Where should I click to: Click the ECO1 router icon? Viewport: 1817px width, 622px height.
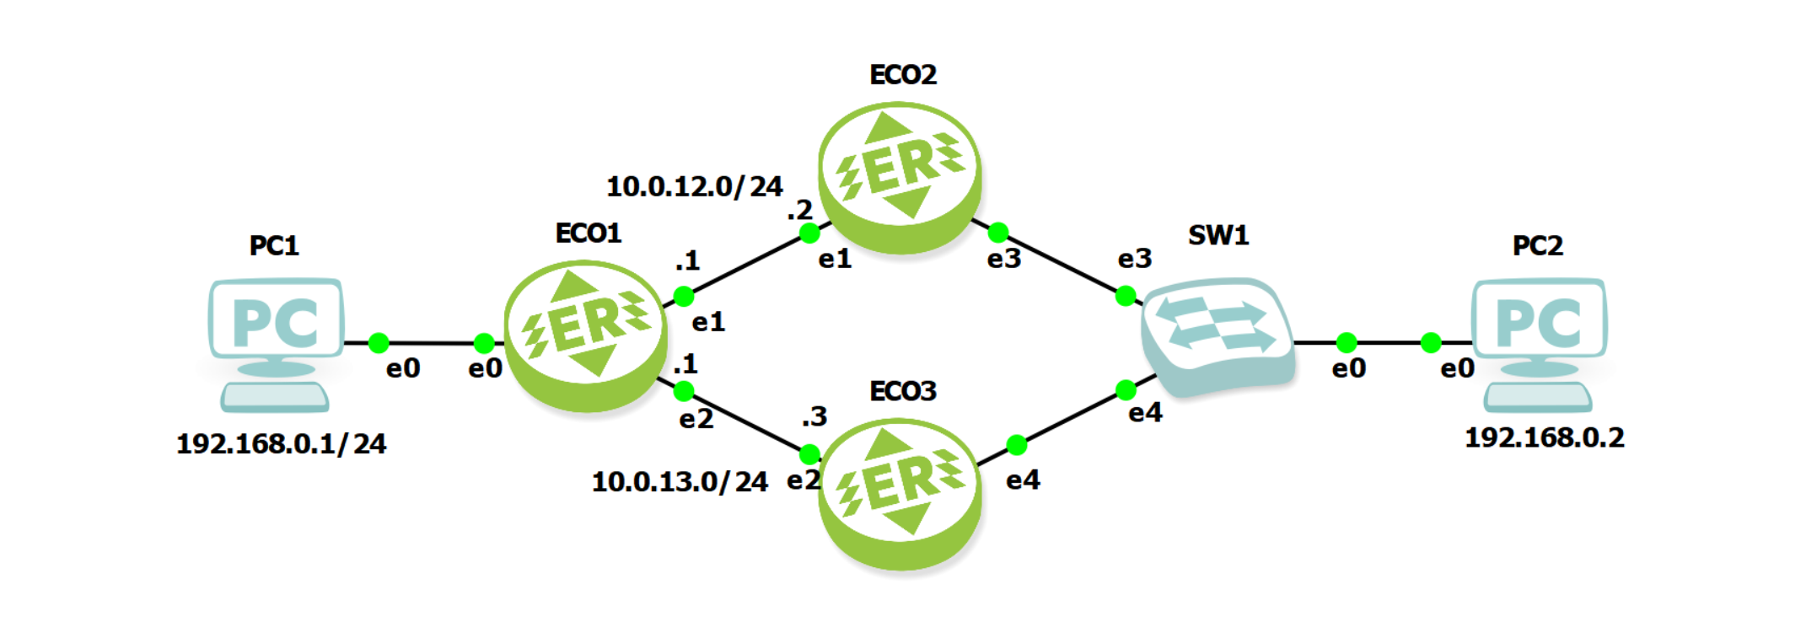[x=585, y=335]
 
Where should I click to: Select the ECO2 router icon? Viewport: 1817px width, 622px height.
[x=900, y=176]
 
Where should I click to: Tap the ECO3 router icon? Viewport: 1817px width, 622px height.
[x=900, y=493]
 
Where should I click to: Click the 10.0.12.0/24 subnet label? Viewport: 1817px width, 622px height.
[x=694, y=186]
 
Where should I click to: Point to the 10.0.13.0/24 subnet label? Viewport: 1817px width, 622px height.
[x=680, y=481]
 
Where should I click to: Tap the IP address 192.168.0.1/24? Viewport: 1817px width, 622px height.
[x=281, y=443]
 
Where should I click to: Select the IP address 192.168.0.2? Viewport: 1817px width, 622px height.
[x=1544, y=437]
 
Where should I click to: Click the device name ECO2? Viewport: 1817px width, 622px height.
[x=903, y=75]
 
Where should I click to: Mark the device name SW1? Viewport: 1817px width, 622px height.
[x=1218, y=235]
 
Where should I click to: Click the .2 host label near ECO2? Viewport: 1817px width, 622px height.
[x=799, y=210]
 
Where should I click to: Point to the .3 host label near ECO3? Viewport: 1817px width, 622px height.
[x=814, y=416]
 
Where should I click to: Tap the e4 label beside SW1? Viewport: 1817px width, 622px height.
[x=1145, y=413]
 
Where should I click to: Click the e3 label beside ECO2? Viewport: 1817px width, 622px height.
[x=1003, y=259]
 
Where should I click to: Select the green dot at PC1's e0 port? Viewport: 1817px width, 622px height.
[x=379, y=343]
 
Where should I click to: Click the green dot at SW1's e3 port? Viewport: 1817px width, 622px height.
[x=1125, y=296]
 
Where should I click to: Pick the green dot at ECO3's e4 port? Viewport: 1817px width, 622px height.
[x=1017, y=445]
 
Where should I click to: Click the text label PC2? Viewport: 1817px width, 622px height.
[x=1537, y=246]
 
